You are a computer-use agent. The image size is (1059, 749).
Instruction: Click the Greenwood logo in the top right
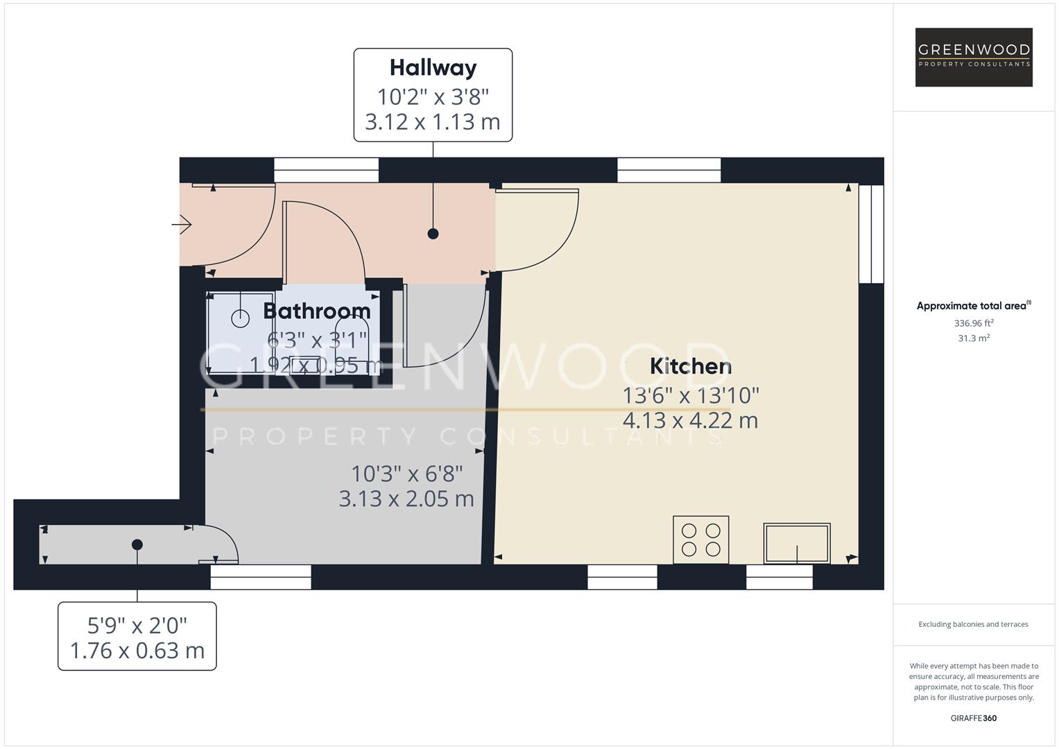point(973,57)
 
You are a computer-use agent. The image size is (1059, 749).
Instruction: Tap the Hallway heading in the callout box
point(433,67)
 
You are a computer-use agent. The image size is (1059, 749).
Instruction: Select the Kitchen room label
point(690,366)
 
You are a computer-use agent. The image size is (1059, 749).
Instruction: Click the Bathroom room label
point(317,311)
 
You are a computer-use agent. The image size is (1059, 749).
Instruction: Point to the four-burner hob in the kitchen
point(701,540)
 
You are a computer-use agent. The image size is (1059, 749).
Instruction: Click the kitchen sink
point(797,543)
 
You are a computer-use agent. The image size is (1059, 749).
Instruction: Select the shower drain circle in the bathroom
point(240,318)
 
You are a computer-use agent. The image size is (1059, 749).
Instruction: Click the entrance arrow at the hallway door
point(182,225)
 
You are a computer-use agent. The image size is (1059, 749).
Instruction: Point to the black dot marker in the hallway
point(433,234)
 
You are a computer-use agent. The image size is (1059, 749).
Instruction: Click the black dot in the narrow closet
point(137,544)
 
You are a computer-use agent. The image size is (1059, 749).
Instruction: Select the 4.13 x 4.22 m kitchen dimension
point(690,420)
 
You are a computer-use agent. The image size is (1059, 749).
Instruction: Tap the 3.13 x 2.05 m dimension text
point(406,499)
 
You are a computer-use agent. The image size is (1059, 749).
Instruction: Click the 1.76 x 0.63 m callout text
point(137,651)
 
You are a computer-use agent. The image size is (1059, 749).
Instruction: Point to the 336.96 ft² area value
point(973,323)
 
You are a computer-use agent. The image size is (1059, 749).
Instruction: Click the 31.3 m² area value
point(973,338)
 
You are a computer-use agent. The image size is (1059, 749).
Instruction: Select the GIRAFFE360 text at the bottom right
point(973,718)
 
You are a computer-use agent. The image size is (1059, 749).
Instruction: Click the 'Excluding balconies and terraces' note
point(973,624)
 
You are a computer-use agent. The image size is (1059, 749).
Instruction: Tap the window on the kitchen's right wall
point(871,234)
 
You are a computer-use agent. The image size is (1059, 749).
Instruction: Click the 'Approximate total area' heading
point(973,306)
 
